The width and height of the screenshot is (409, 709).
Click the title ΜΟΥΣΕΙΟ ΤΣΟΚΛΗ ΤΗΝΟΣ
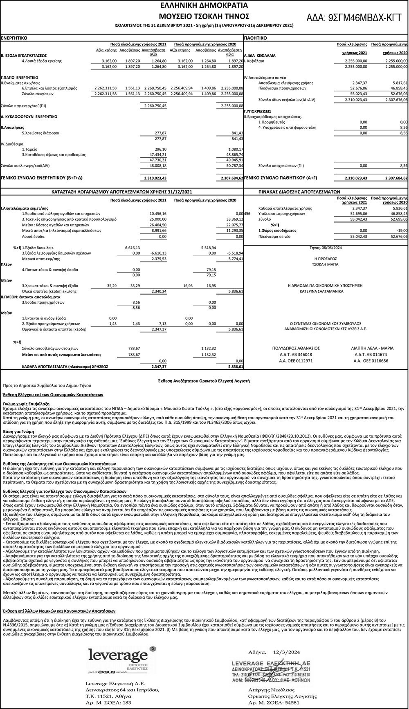click(x=204, y=16)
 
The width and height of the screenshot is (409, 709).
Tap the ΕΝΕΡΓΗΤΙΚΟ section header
click(x=14, y=38)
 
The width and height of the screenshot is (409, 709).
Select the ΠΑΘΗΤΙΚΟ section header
click(x=256, y=38)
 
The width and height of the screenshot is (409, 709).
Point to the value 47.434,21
click(x=158, y=155)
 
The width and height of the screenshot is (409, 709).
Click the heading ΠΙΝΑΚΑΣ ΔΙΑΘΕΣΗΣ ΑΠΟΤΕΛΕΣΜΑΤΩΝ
click(x=299, y=191)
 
